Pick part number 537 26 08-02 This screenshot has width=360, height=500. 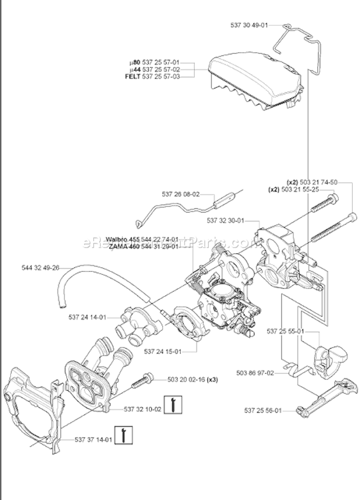pos(180,195)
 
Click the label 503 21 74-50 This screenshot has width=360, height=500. pos(319,182)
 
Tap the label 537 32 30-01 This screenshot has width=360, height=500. pos(226,220)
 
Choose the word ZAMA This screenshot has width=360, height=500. pos(116,246)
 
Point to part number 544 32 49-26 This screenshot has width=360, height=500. pos(40,268)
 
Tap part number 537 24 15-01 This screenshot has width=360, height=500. pos(162,352)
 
